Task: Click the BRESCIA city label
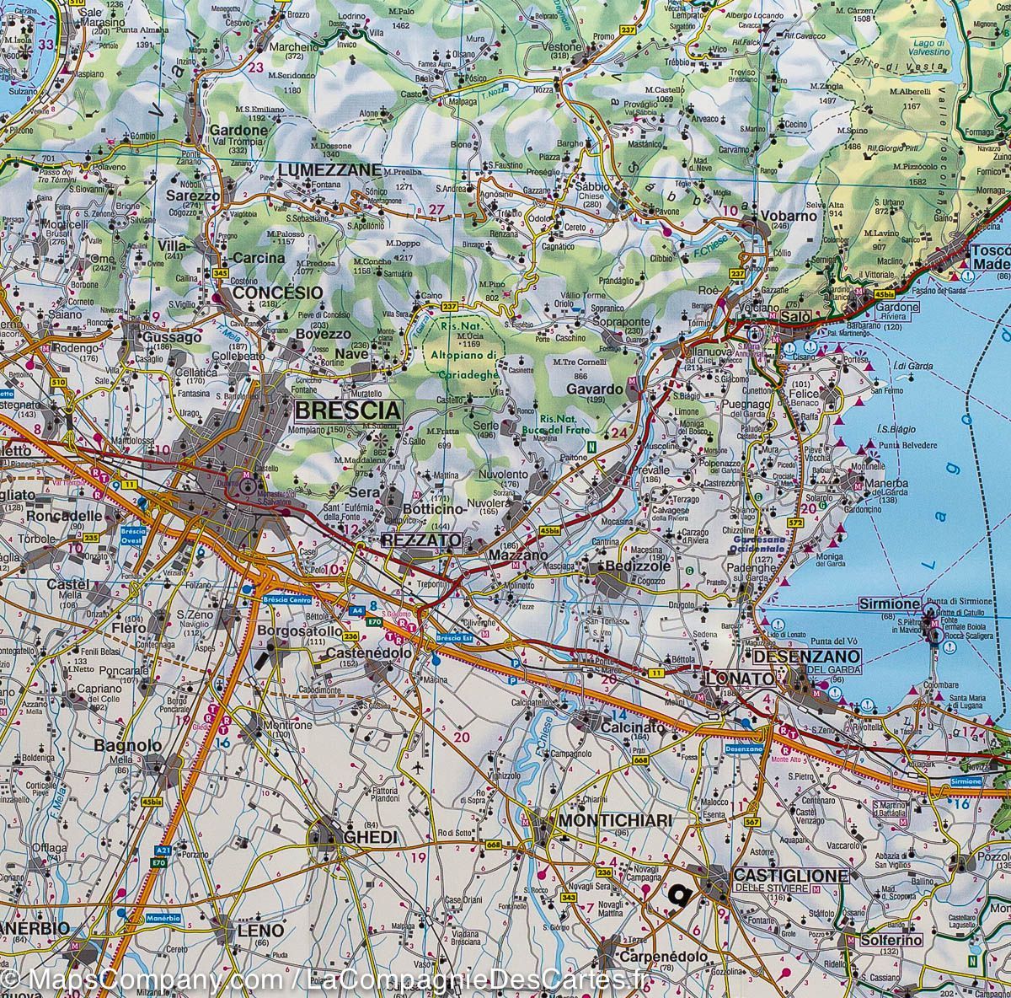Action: click(x=346, y=410)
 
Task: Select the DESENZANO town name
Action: click(x=806, y=656)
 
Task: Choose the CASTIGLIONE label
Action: click(x=789, y=876)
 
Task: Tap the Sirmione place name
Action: click(x=889, y=604)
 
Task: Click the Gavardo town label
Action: click(x=594, y=389)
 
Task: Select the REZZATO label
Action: click(x=421, y=539)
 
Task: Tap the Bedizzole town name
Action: click(x=632, y=566)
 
